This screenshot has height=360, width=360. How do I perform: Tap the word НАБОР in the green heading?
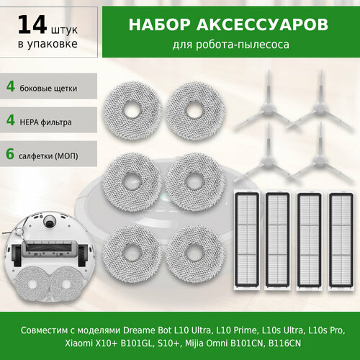click(x=158, y=25)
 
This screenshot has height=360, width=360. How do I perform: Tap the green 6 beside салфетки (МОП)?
click(x=11, y=155)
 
